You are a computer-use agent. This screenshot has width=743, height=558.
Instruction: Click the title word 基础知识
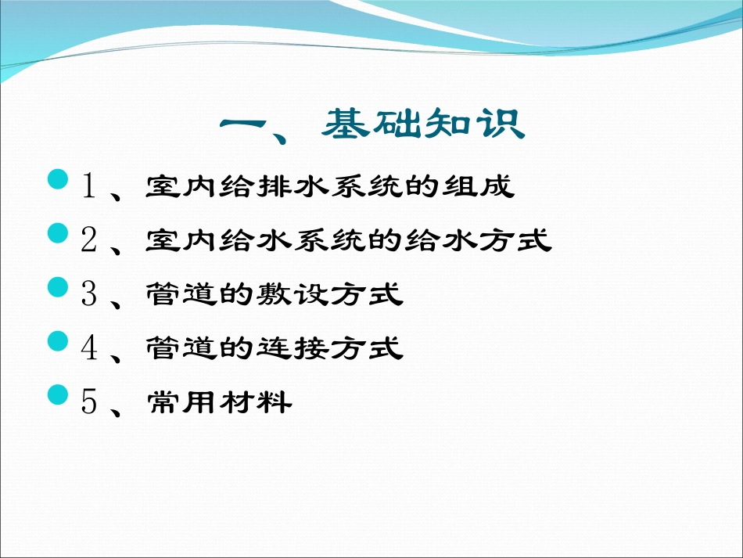click(423, 124)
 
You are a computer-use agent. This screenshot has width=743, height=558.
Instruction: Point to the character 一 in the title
click(248, 125)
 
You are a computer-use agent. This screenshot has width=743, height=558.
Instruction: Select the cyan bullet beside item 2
click(59, 233)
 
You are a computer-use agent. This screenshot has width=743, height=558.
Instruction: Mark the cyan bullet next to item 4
click(59, 341)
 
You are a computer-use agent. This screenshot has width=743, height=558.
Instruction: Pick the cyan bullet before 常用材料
click(59, 395)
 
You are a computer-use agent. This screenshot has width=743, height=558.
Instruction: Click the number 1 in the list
click(89, 186)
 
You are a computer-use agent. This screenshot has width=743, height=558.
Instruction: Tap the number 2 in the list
click(89, 240)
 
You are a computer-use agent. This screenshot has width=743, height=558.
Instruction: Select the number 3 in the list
click(89, 294)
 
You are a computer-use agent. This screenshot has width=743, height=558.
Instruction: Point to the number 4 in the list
click(89, 348)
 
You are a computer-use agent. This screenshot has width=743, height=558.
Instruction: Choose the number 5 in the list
click(89, 402)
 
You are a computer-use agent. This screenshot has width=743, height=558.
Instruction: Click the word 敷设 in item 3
click(310, 295)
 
